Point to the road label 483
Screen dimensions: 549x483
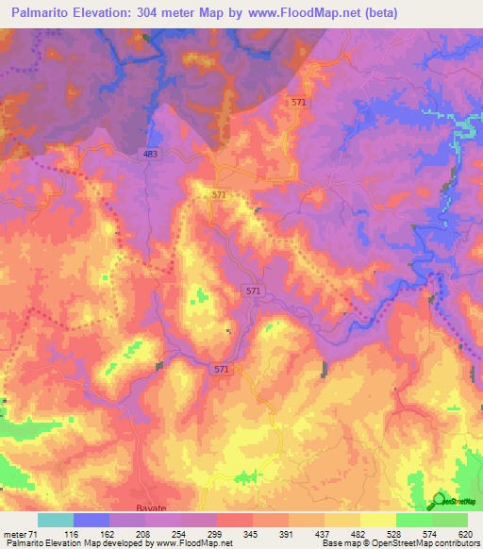pyautogui.click(x=151, y=154)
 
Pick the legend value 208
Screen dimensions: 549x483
pyautogui.click(x=143, y=535)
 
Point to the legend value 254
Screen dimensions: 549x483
pyautogui.click(x=179, y=535)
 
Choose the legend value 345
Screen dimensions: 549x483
pyautogui.click(x=251, y=535)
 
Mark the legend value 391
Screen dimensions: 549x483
pyautogui.click(x=287, y=535)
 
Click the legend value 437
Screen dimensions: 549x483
pyautogui.click(x=323, y=535)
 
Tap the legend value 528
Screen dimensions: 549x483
pyautogui.click(x=395, y=535)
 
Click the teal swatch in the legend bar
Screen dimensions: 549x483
pyautogui.click(x=55, y=520)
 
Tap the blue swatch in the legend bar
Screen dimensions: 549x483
pyautogui.click(x=91, y=520)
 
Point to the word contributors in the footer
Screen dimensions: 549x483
pyautogui.click(x=456, y=544)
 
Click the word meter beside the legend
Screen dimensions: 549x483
pyautogui.click(x=13, y=535)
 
